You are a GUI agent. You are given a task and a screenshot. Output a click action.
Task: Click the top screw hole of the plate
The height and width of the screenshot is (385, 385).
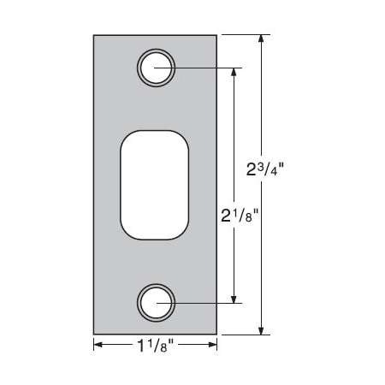click(x=156, y=68)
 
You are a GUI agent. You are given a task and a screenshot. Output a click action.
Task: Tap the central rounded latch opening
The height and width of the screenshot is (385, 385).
click(x=155, y=184)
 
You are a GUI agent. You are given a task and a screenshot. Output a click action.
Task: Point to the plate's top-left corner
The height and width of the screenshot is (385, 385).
click(x=93, y=34)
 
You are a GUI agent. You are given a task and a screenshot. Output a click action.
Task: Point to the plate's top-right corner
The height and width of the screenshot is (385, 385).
click(x=217, y=34)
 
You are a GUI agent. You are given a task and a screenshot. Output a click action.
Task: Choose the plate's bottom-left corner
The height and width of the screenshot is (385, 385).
click(x=93, y=335)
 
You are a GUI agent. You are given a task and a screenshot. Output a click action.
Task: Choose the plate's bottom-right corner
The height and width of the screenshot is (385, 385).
click(x=217, y=335)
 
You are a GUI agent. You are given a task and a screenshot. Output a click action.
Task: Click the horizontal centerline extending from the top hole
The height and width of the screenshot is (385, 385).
click(x=205, y=68)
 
